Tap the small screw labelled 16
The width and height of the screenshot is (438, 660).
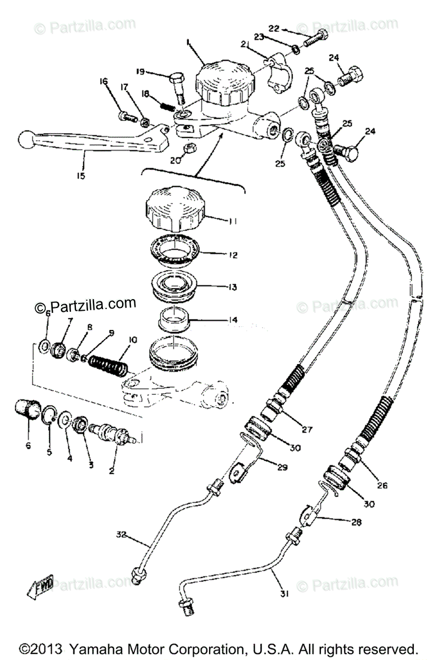[124, 116]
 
